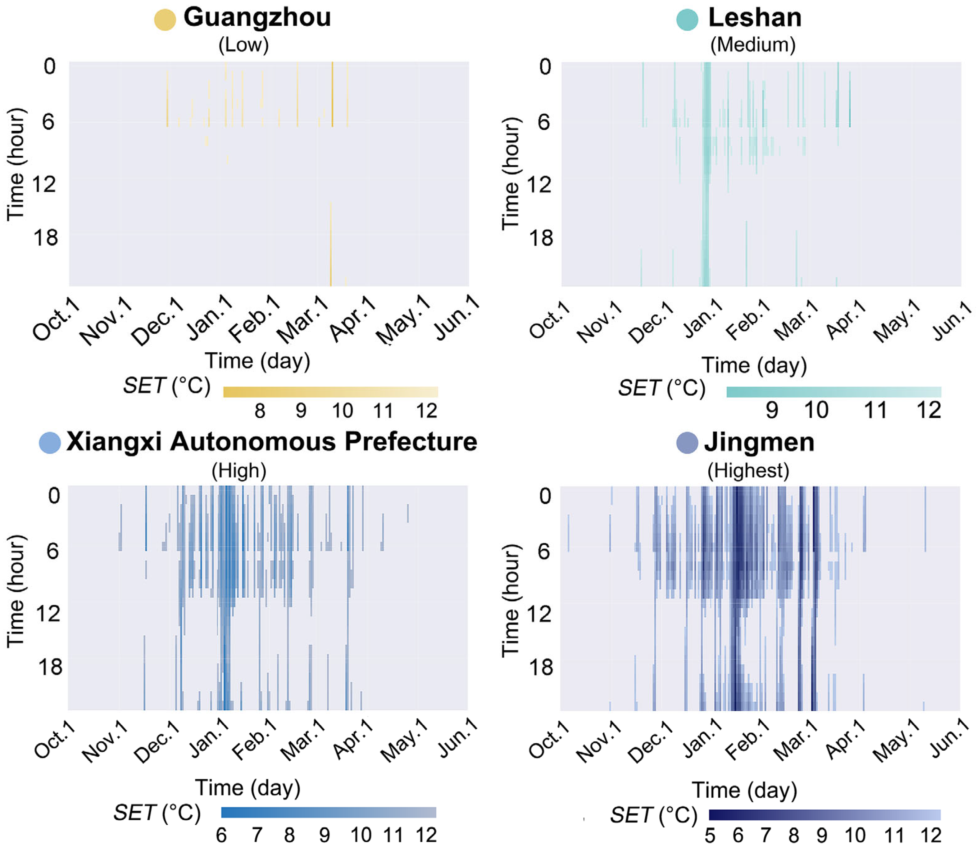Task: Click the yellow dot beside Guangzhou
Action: pyautogui.click(x=165, y=20)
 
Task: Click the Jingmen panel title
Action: pyautogui.click(x=759, y=442)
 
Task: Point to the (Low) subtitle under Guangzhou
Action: pyautogui.click(x=243, y=45)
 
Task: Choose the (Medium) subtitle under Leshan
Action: pyautogui.click(x=753, y=45)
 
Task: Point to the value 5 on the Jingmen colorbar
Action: pyautogui.click(x=710, y=835)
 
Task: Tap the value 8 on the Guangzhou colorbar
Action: pyautogui.click(x=259, y=411)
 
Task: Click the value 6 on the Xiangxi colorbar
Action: pyautogui.click(x=221, y=835)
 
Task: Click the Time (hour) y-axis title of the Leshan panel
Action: pyautogui.click(x=511, y=173)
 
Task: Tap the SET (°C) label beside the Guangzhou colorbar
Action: pyautogui.click(x=167, y=386)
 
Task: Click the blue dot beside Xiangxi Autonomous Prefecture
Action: pyautogui.click(x=50, y=443)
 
